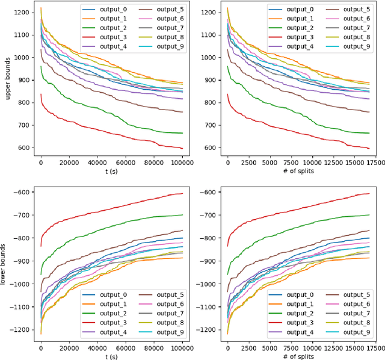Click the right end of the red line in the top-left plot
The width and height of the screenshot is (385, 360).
tap(183, 147)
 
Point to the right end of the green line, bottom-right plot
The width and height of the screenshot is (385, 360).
tap(369, 215)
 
